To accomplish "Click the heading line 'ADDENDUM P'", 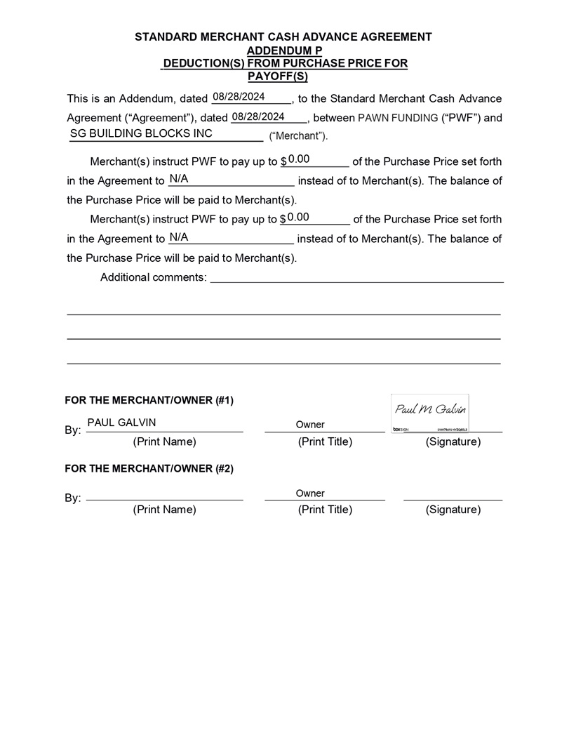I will (x=284, y=51).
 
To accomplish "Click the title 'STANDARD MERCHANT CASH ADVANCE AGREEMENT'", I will (x=283, y=36).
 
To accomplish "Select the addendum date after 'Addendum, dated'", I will (x=239, y=97).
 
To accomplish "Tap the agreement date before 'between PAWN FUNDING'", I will (x=257, y=117).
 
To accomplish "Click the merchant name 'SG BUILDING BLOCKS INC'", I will (x=141, y=133).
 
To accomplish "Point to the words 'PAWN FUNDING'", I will (x=398, y=118).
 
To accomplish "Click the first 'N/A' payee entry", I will (x=178, y=179).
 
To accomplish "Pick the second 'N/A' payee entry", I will (x=179, y=237).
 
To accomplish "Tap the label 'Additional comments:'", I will (x=154, y=277).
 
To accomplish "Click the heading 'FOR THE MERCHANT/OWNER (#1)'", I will (x=149, y=401).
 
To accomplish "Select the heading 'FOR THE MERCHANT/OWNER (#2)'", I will (x=149, y=468).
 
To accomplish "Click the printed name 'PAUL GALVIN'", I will (x=121, y=423).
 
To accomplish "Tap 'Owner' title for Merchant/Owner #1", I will (x=310, y=425).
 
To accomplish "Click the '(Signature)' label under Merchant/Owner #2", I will (x=453, y=510).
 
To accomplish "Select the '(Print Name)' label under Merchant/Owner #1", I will (x=164, y=442).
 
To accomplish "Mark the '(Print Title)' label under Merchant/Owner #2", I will (x=325, y=510).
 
